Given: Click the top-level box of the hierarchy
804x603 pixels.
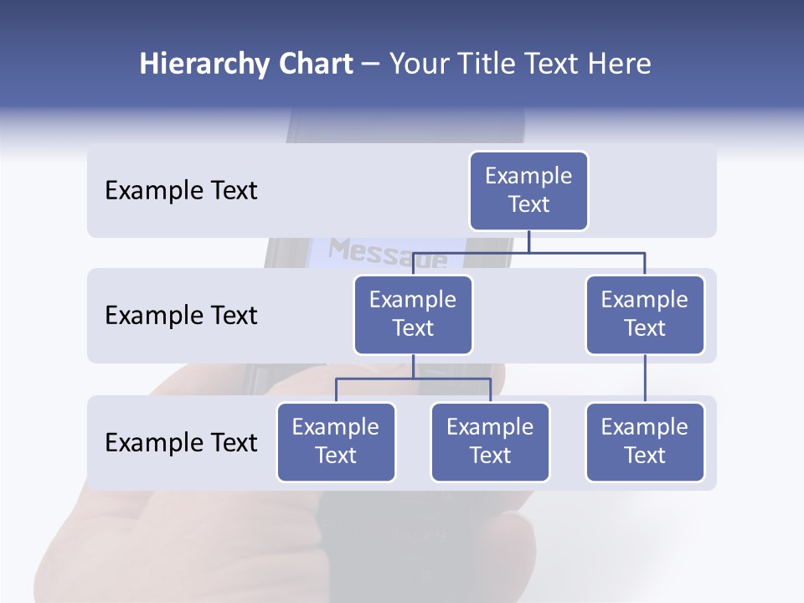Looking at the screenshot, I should [528, 191].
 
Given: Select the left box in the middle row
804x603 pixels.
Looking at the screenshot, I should [413, 315].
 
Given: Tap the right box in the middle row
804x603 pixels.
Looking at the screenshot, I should [645, 315].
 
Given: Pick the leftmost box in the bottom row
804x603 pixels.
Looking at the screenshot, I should [336, 442].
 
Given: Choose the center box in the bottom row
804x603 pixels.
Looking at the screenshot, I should [490, 442].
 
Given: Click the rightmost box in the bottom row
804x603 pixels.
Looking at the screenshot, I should [645, 442].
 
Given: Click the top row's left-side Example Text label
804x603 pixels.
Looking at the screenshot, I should [181, 191].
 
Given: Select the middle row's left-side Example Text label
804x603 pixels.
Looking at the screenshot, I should [181, 316].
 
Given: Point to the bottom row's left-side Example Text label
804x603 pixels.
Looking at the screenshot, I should [181, 443].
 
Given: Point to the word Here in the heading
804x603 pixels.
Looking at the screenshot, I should [620, 64].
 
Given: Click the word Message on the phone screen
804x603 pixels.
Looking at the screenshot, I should [388, 252].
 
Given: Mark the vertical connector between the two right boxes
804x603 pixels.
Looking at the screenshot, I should [645, 379].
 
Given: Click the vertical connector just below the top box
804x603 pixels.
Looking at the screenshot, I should [528, 241].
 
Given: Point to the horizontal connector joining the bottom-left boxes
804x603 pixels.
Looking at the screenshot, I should [413, 379].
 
